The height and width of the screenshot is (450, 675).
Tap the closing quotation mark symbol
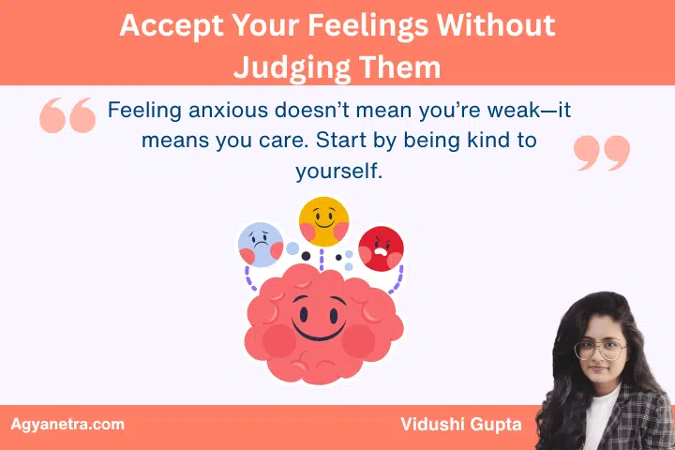[x=601, y=152]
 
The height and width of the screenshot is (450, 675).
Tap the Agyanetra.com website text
[x=67, y=424]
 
